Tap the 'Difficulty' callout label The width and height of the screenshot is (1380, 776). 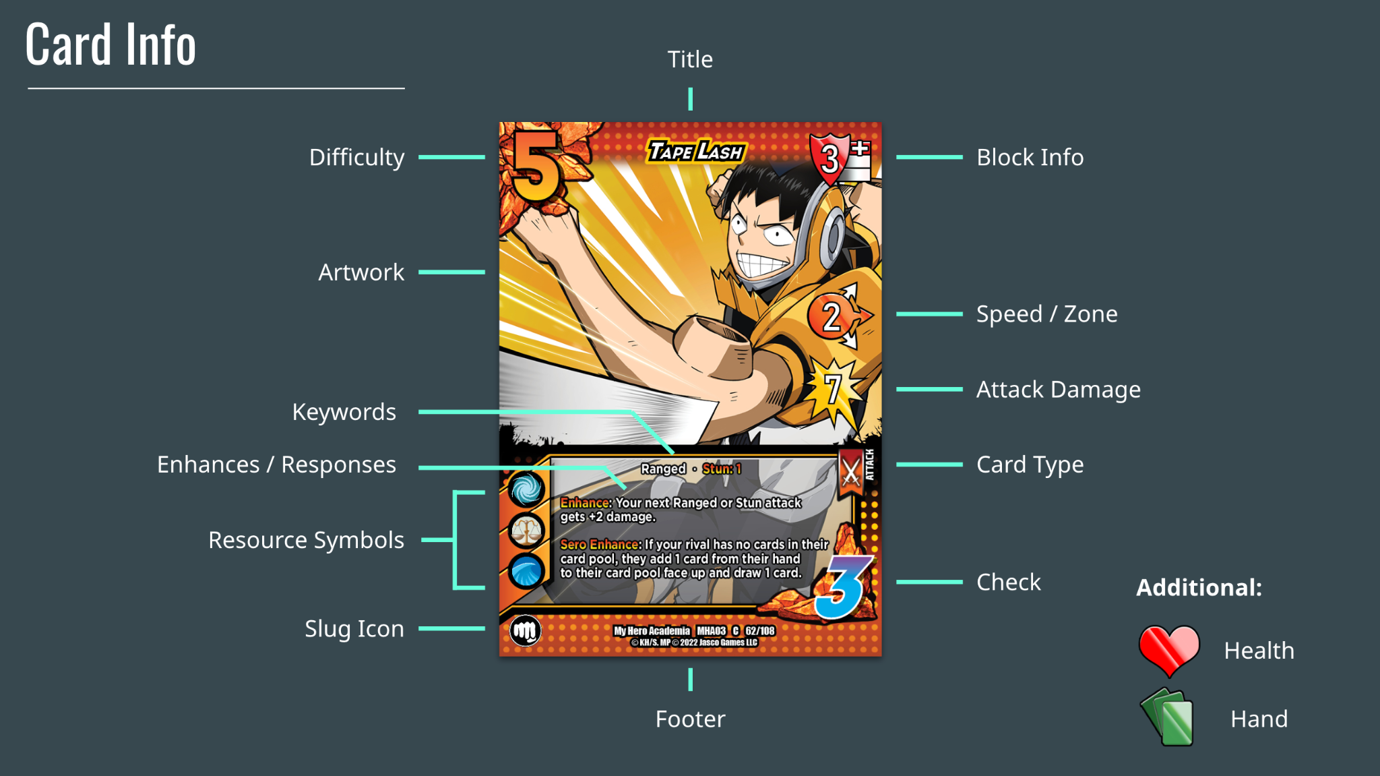[356, 157]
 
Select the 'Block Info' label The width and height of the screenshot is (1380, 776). [1030, 157]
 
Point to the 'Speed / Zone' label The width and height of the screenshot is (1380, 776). [1046, 314]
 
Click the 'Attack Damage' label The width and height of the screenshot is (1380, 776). [1058, 389]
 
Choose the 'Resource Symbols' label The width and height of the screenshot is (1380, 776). [306, 539]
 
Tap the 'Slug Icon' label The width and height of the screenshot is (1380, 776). [354, 628]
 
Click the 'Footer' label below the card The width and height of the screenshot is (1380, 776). [690, 719]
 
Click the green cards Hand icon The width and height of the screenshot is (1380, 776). [1168, 717]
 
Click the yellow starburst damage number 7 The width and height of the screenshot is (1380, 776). [834, 389]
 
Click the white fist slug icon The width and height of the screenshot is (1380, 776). [525, 631]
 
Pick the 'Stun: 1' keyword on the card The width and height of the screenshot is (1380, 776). [722, 469]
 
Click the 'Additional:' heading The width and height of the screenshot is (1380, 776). [1199, 587]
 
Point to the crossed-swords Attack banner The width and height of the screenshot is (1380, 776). [852, 471]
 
